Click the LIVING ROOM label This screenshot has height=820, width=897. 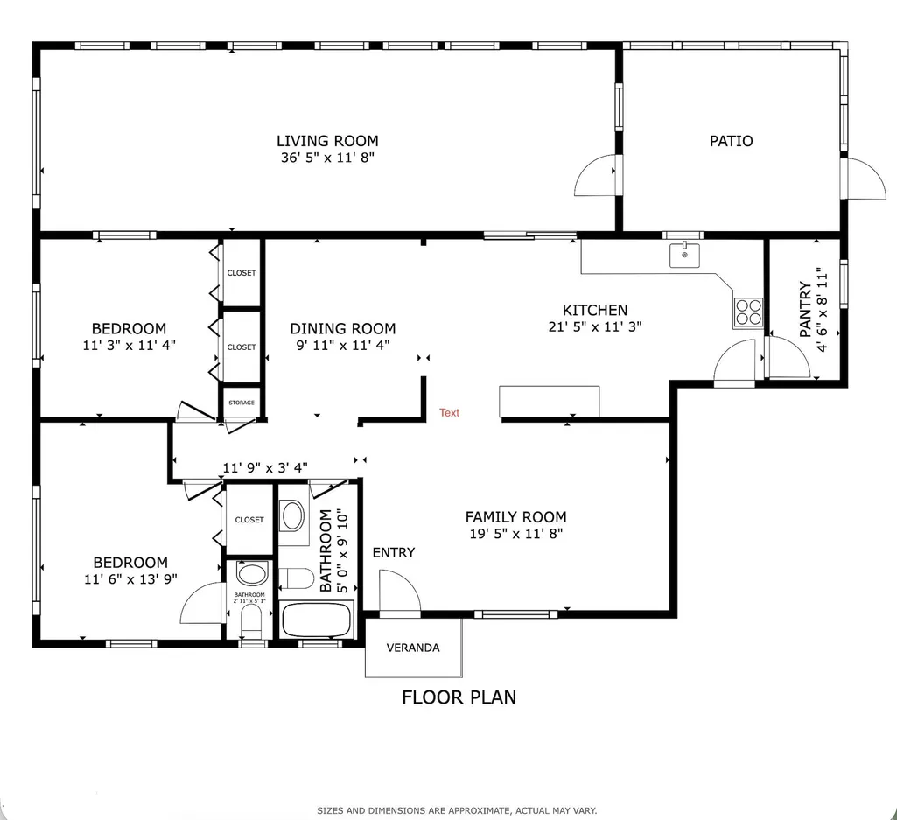tap(327, 141)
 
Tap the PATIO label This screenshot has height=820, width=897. tap(731, 141)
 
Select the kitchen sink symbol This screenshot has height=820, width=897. tap(684, 255)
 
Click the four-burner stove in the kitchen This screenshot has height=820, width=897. tap(749, 312)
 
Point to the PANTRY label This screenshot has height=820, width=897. tap(805, 309)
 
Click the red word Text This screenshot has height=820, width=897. tap(449, 412)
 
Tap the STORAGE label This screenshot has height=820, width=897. tap(242, 403)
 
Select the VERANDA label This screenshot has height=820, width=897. tap(413, 648)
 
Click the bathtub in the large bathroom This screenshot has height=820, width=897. tap(316, 620)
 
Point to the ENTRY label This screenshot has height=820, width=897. tap(394, 552)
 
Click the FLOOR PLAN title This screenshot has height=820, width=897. tap(459, 697)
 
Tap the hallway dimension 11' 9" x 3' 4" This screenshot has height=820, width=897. tap(265, 467)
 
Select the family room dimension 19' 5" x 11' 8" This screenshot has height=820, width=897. tap(516, 533)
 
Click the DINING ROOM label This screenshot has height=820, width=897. tap(343, 328)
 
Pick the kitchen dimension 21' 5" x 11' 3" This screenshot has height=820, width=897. tap(595, 326)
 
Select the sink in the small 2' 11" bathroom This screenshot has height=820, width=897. tap(252, 573)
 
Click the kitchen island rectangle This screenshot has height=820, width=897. tap(550, 402)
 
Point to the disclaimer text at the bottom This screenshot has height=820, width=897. tap(457, 810)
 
